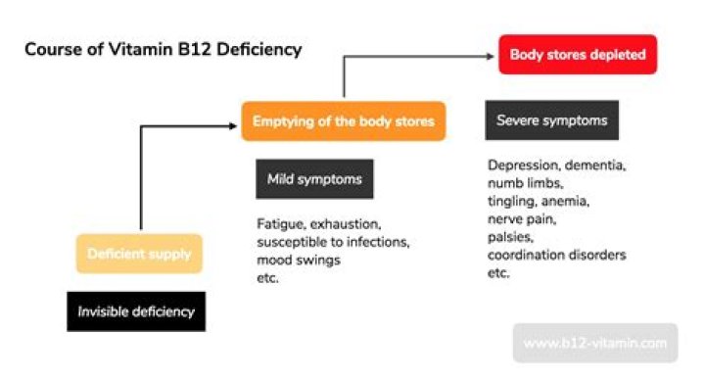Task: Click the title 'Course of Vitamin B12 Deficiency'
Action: (x=164, y=48)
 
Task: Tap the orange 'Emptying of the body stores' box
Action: (x=344, y=121)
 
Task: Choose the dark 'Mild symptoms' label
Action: (x=313, y=179)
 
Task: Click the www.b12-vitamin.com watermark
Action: (x=594, y=344)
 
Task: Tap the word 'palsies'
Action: (x=509, y=237)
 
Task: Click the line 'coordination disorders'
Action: (x=556, y=255)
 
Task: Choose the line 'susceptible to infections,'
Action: (x=331, y=242)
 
